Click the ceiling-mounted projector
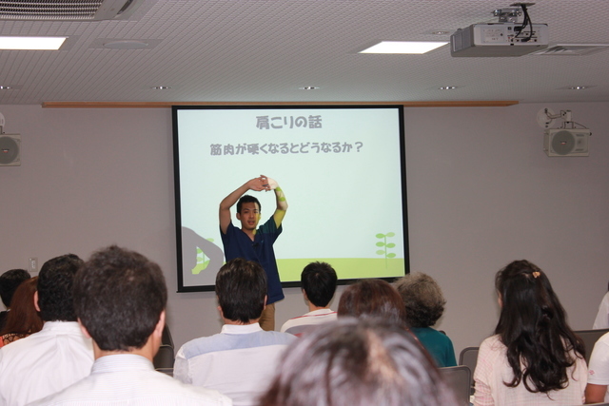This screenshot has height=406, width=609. coord(500,39)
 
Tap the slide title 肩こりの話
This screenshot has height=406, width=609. coord(288,123)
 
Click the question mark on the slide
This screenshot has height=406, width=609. coord(359,147)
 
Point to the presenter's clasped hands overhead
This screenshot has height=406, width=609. coord(265,184)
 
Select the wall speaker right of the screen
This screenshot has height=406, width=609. coord(566,142)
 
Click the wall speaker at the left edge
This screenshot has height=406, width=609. coord(10,150)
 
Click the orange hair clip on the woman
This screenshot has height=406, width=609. coord(536,275)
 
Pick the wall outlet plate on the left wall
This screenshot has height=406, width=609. coord(33,264)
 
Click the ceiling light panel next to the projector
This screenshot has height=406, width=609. coord(403,48)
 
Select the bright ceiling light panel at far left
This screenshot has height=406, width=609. coord(31,43)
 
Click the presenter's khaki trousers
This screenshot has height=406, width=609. coord(267,317)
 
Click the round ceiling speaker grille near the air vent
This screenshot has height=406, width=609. coord(125,45)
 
